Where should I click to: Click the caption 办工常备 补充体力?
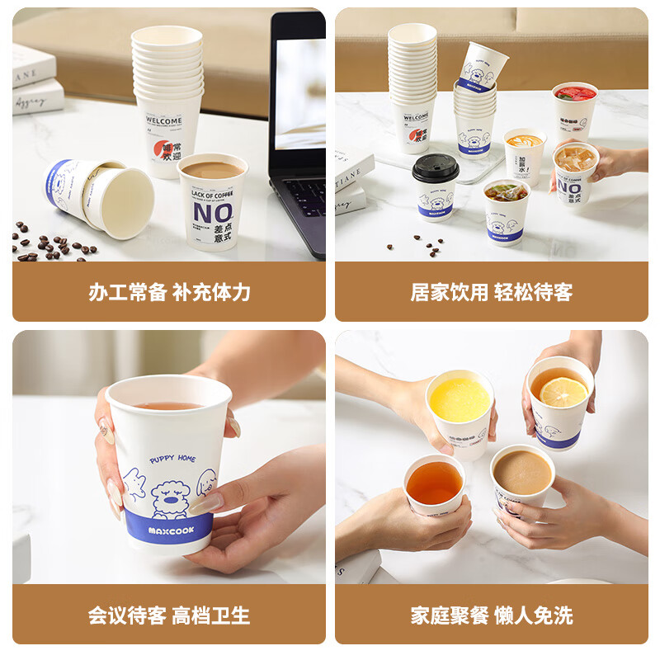click(169, 292)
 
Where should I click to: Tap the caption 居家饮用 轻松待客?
click(492, 292)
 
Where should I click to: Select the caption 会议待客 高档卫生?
click(169, 615)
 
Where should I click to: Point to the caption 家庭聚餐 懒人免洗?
click(492, 615)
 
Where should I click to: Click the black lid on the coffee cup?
click(435, 168)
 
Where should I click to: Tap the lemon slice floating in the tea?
click(564, 392)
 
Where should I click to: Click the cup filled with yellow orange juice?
click(460, 404)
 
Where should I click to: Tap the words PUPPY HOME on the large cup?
click(173, 459)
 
